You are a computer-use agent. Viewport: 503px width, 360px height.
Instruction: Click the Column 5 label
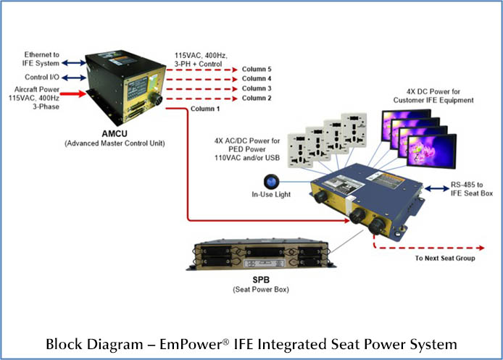[x=257, y=68]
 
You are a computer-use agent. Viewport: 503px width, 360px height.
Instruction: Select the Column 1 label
[x=204, y=109]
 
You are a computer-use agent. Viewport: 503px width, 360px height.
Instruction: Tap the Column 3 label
[x=257, y=88]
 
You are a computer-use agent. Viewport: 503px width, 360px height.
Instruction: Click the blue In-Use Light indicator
[x=277, y=181]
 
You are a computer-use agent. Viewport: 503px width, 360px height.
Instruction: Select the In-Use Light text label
[x=272, y=196]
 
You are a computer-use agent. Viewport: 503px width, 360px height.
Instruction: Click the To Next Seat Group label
[x=445, y=258]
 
